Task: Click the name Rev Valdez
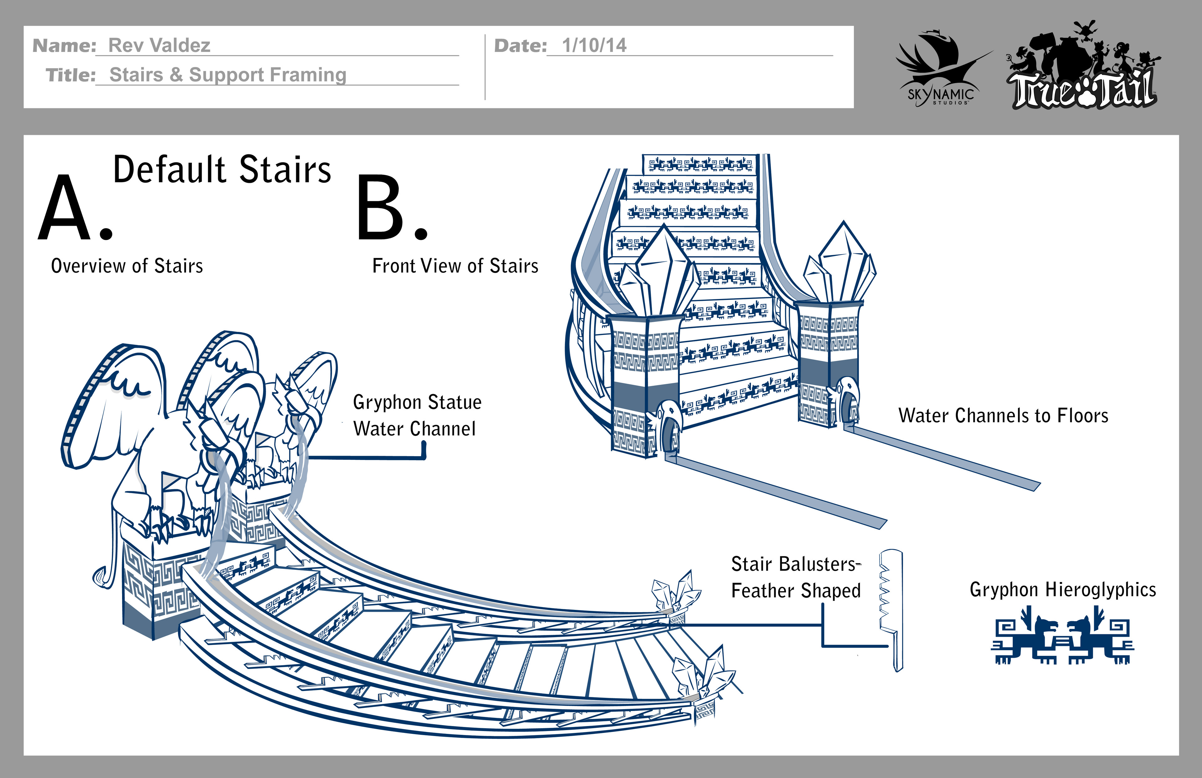pyautogui.click(x=159, y=45)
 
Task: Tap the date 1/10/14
pyautogui.click(x=594, y=45)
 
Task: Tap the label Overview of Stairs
pyautogui.click(x=127, y=266)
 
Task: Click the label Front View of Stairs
pyautogui.click(x=455, y=266)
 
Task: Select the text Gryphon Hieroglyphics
pyautogui.click(x=1063, y=590)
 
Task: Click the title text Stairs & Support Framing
pyautogui.click(x=228, y=75)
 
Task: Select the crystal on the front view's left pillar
pyautogui.click(x=659, y=275)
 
